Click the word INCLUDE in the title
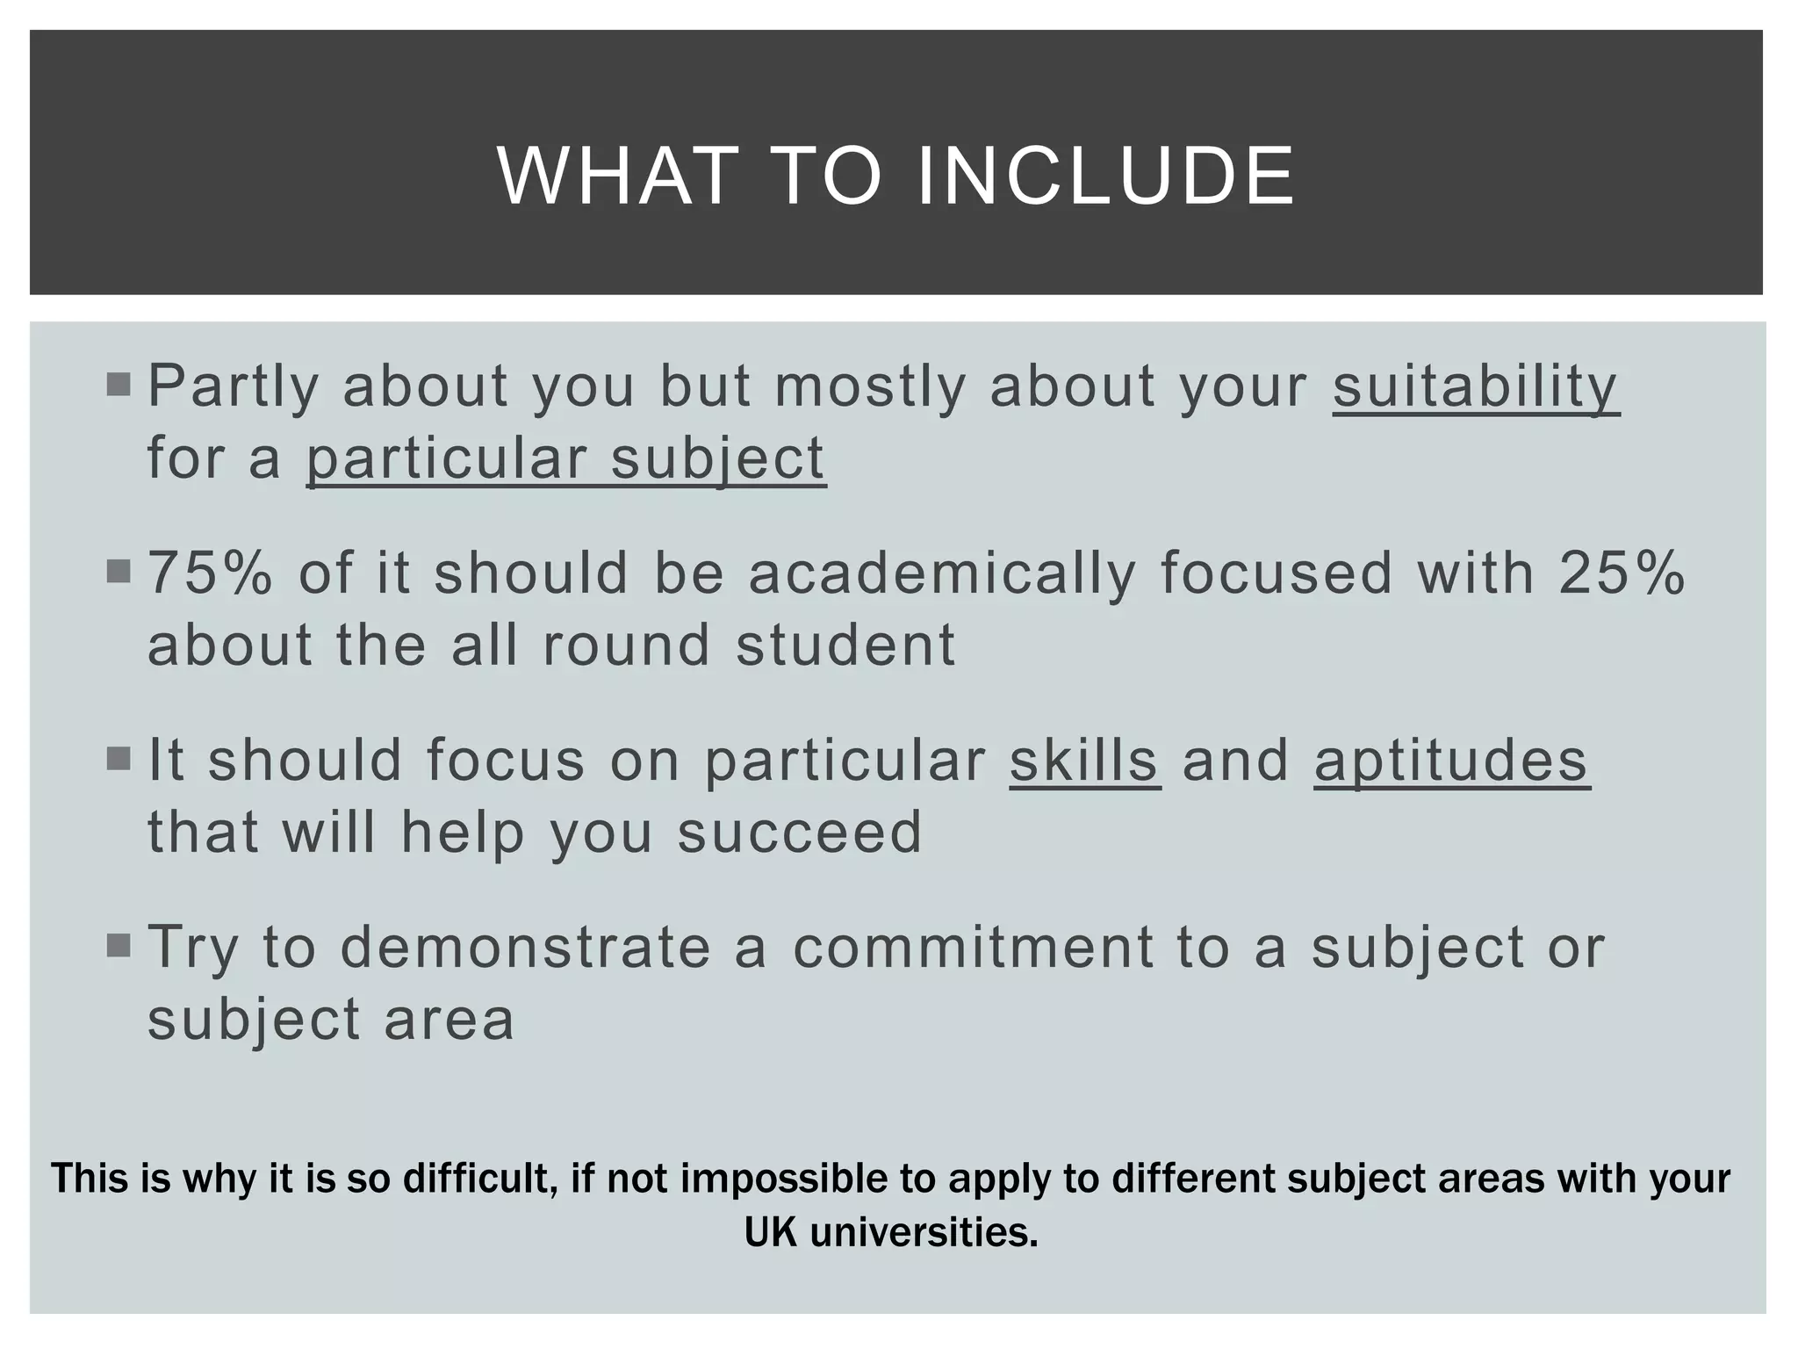pos(1105,177)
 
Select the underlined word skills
pos(1084,761)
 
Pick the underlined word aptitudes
pos(1451,761)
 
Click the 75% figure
pos(210,574)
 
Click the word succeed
pos(800,833)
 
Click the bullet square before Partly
pos(118,385)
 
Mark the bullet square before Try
pos(118,946)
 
